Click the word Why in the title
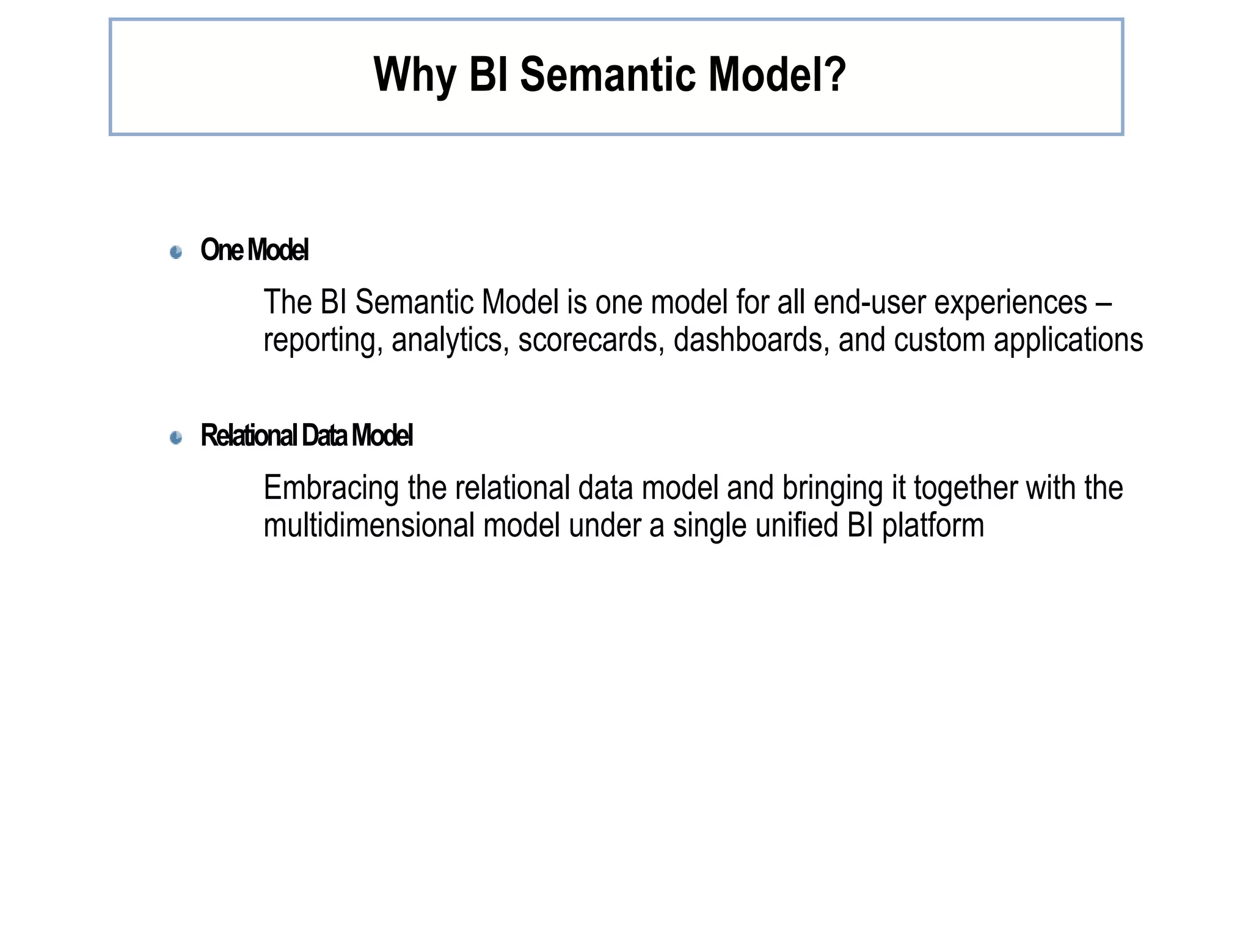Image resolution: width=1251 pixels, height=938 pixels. (414, 76)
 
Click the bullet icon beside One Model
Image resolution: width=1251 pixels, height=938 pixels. (176, 252)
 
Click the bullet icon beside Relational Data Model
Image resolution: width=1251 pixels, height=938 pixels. (176, 437)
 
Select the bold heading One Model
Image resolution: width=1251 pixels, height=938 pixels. (254, 250)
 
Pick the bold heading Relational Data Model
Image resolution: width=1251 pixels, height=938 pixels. (307, 436)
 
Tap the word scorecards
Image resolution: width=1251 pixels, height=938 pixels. (591, 340)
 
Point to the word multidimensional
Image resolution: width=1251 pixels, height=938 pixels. (368, 526)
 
